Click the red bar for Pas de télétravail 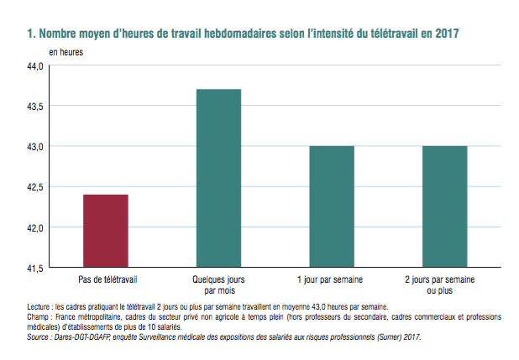point(106,231)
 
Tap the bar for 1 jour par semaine point(331,206)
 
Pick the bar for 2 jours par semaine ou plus point(444,206)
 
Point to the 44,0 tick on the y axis point(35,65)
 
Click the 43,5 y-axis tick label point(35,106)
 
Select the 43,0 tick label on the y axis point(35,146)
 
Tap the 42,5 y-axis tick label point(35,187)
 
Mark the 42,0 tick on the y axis point(35,227)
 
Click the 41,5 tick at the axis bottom point(35,268)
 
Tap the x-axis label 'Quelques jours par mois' point(218,284)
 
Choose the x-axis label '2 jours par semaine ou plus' point(444,284)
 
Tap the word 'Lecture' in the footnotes point(39,307)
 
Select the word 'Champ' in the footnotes point(39,317)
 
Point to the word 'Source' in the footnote point(39,337)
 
